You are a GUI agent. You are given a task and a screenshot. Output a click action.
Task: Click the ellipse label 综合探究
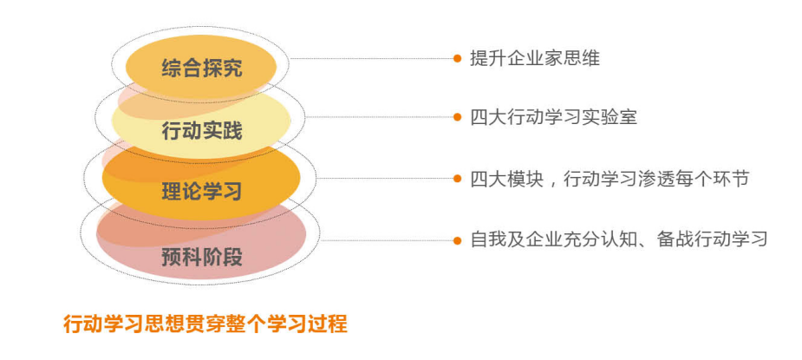[x=202, y=69]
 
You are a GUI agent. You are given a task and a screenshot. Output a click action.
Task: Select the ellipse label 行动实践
[x=202, y=131]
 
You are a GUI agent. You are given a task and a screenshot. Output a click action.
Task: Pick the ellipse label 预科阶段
[x=202, y=257]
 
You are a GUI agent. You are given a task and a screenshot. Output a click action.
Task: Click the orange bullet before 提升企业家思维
[x=457, y=58]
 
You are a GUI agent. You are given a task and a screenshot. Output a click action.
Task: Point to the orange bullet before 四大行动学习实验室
[x=457, y=117]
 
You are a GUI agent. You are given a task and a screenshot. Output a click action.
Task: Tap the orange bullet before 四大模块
[x=457, y=179]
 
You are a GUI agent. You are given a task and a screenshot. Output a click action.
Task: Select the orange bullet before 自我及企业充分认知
[x=457, y=240]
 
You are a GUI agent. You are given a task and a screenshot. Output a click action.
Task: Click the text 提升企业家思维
[x=535, y=58]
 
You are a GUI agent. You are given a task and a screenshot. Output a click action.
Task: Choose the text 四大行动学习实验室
[x=554, y=117]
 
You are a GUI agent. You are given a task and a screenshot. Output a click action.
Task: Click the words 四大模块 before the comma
[x=507, y=179]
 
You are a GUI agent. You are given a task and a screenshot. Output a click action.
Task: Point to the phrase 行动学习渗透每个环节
[x=656, y=179]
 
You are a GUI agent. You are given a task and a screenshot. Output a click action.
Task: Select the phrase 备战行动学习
[x=713, y=239]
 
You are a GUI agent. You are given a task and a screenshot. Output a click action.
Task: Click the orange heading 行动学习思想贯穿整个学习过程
[x=205, y=324]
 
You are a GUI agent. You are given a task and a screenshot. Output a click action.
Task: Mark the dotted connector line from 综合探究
[x=372, y=58]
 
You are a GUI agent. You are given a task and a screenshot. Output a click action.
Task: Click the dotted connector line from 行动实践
[x=379, y=117]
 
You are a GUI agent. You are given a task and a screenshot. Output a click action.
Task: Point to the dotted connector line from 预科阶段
[x=386, y=240]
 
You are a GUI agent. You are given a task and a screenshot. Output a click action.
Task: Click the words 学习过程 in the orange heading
[x=309, y=324]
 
